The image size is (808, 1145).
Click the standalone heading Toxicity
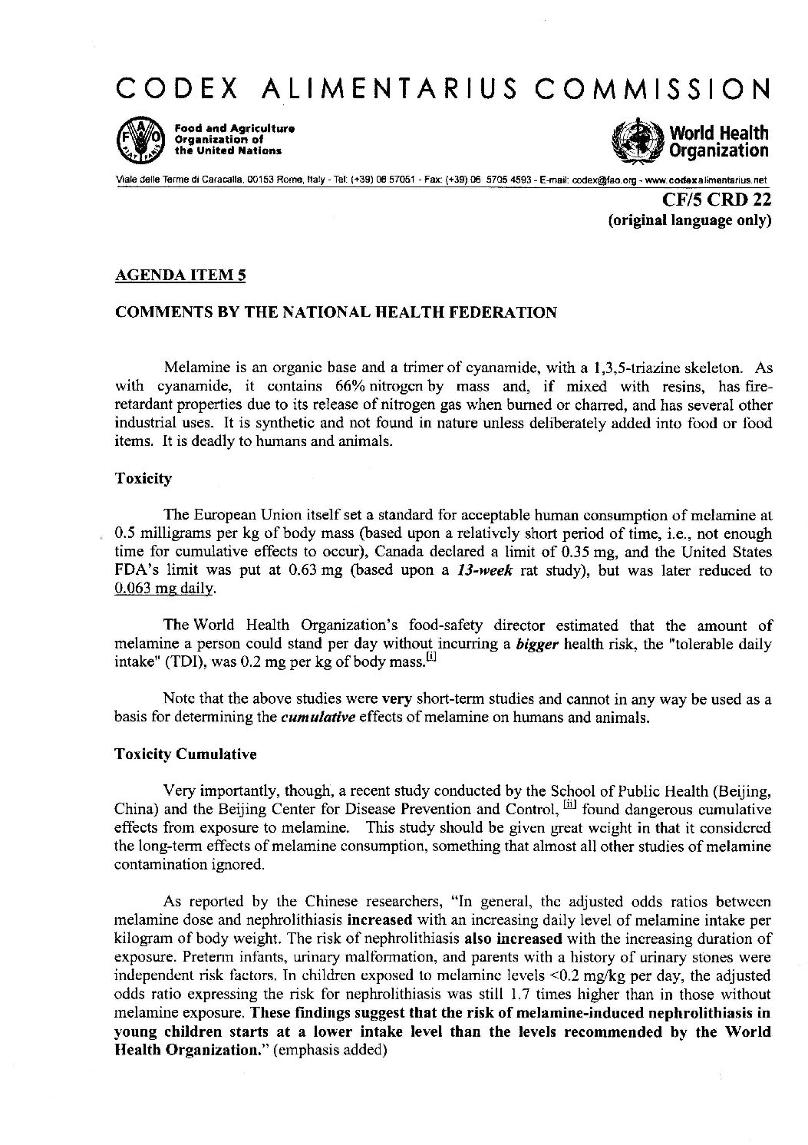coord(143,479)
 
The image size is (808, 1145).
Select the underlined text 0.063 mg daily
coord(159,589)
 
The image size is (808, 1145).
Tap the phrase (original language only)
coord(689,221)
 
